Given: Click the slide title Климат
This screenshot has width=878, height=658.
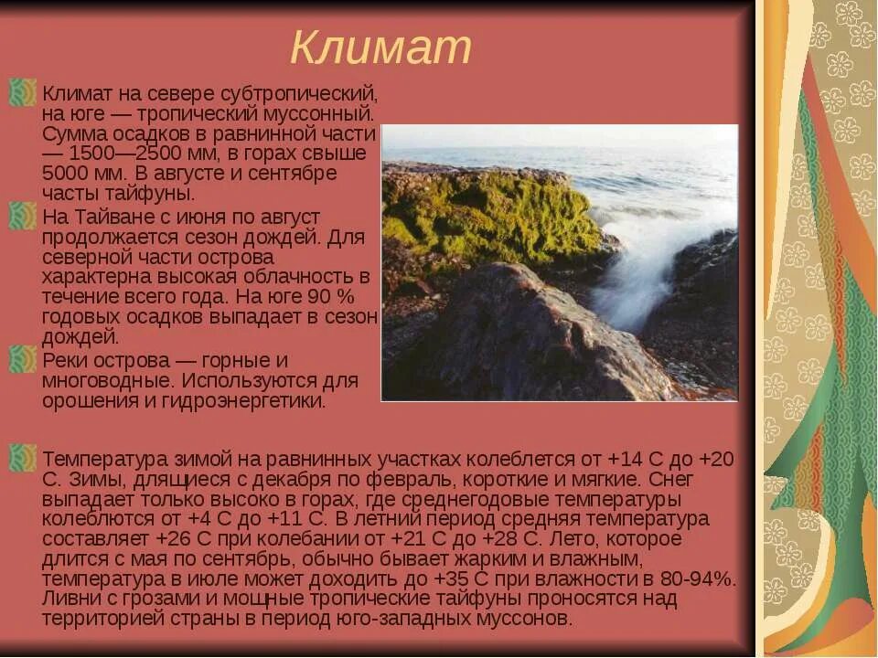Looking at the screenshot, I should point(380,48).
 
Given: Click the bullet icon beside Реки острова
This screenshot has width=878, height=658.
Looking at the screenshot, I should point(22,360).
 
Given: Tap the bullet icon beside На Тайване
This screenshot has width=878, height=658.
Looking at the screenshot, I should point(22,218).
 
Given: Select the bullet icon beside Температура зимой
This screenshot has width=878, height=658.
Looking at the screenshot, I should point(22,457).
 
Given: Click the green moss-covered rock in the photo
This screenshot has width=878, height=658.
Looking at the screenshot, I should point(485,215).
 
